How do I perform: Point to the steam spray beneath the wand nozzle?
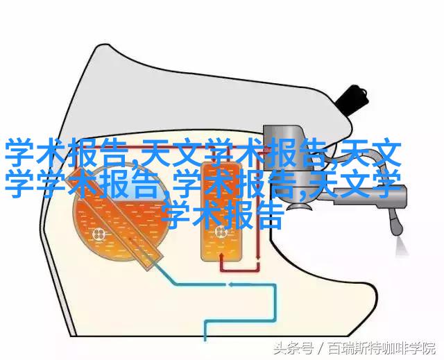[x=402, y=246]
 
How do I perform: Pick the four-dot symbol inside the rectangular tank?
[x=221, y=232]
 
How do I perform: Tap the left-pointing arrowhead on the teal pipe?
[x=231, y=284]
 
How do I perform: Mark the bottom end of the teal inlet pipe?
[x=205, y=339]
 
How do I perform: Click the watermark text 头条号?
[x=293, y=348]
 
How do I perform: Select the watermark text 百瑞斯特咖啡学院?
[x=381, y=348]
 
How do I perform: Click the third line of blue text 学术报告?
[x=223, y=214]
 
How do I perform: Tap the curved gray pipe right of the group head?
[x=366, y=158]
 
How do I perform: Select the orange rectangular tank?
[x=221, y=212]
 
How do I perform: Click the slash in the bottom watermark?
[x=321, y=348]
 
